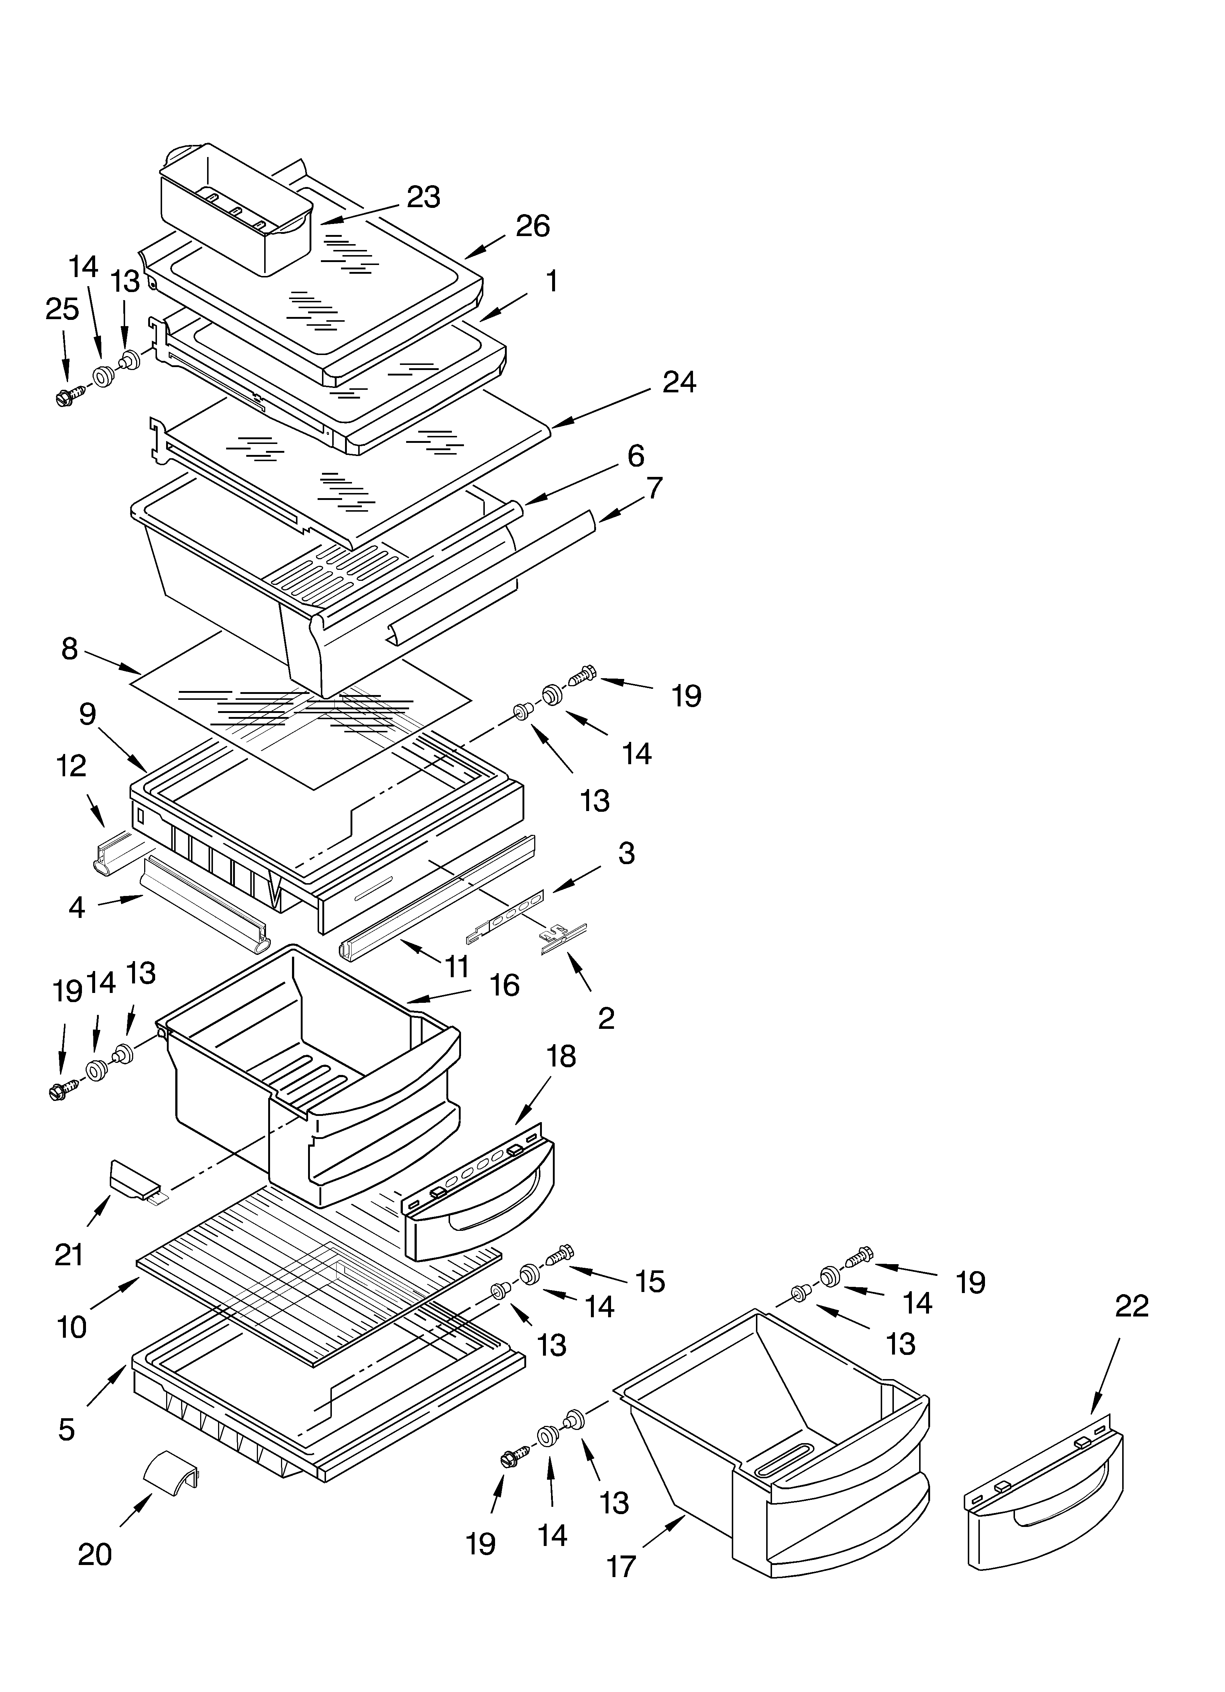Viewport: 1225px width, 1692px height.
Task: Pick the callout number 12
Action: [x=72, y=766]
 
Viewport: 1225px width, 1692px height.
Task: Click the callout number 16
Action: [x=504, y=986]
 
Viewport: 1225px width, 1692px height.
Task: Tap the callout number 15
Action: [x=649, y=1282]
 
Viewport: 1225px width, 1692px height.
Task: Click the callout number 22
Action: [x=1132, y=1306]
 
